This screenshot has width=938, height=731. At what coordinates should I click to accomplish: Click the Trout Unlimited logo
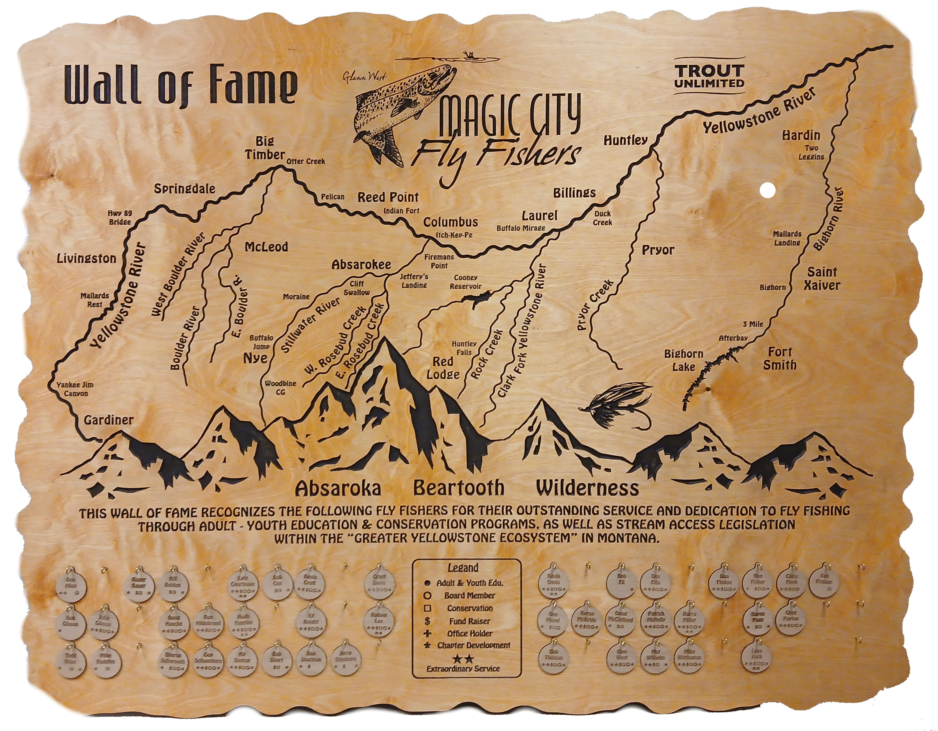(709, 76)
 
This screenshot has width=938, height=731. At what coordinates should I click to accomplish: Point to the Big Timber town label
(265, 148)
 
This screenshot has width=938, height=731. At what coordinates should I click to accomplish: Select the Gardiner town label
(109, 420)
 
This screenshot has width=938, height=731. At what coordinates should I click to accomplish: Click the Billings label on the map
(574, 192)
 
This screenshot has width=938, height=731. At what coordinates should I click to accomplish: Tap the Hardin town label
(801, 135)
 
